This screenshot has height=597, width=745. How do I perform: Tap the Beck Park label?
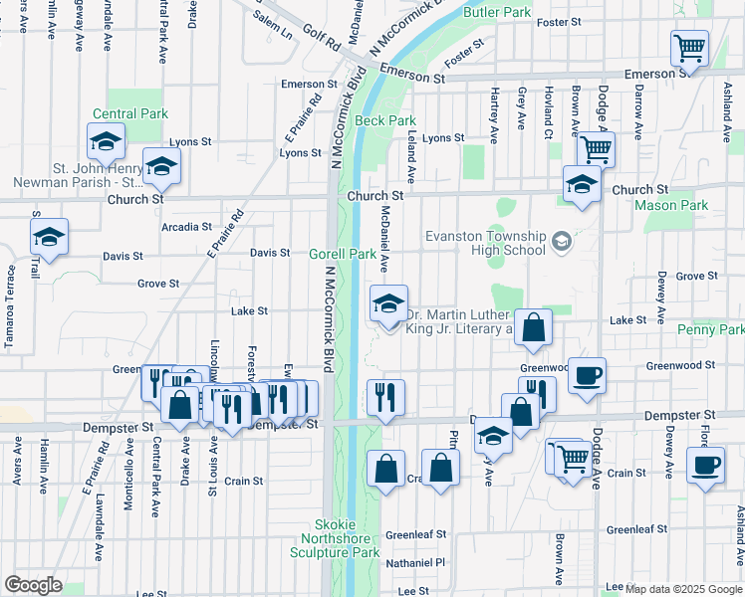[x=385, y=120]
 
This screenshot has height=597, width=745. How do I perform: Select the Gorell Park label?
[x=342, y=254]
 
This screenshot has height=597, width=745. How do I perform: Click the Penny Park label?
[x=710, y=329]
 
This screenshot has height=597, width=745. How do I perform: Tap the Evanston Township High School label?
[x=485, y=243]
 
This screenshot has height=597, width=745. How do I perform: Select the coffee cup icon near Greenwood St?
[x=588, y=375]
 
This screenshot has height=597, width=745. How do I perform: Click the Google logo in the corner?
[x=33, y=585]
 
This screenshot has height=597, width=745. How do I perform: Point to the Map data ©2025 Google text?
[x=683, y=589]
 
